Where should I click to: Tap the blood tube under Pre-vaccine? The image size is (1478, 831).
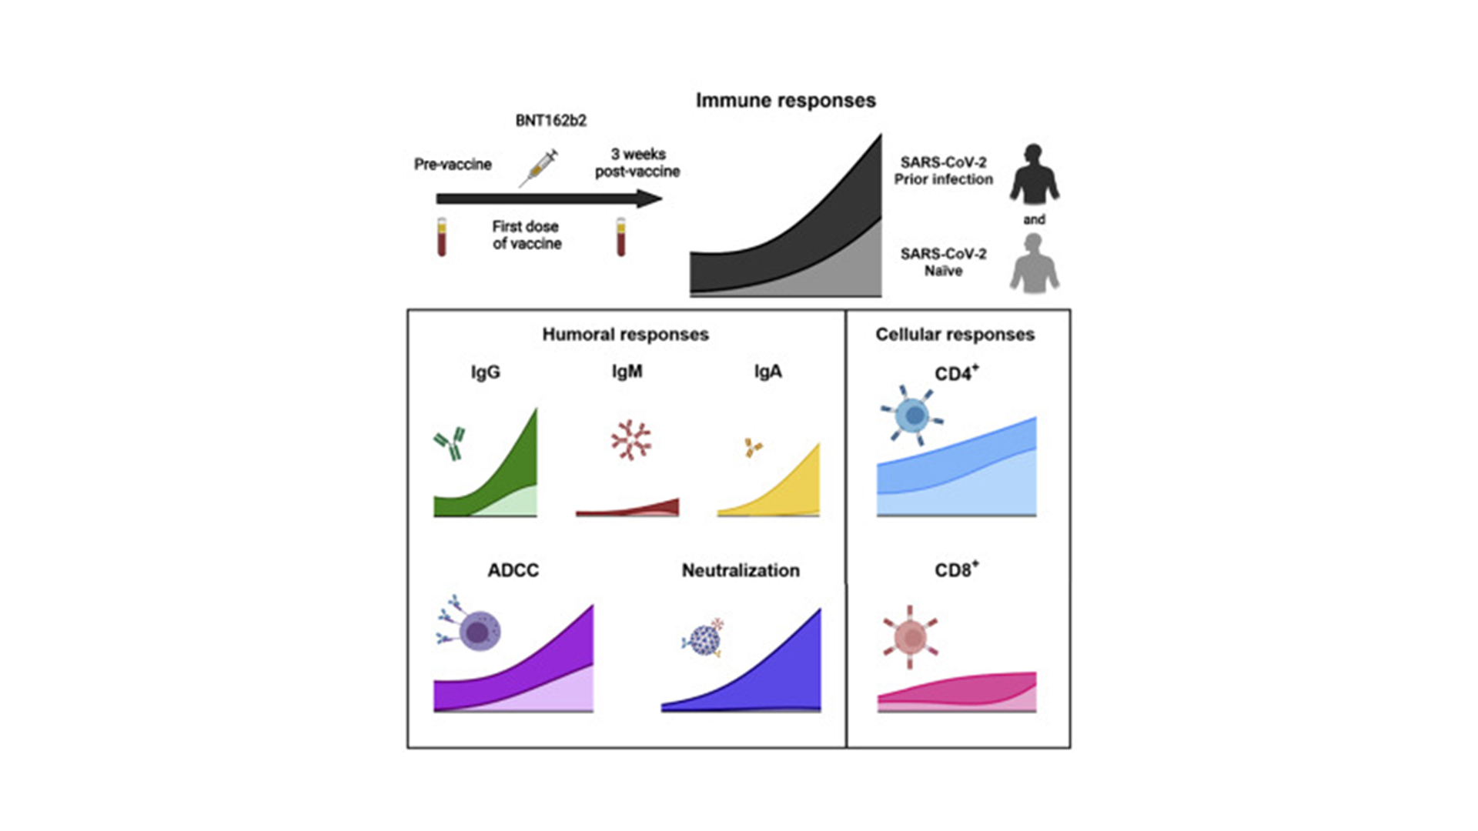[442, 237]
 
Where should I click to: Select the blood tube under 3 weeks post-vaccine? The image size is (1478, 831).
[620, 237]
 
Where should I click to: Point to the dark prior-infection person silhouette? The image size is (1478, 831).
[1035, 174]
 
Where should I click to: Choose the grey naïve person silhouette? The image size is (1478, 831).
[1035, 263]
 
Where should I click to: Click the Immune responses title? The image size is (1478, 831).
[785, 101]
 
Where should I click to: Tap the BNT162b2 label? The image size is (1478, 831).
[551, 121]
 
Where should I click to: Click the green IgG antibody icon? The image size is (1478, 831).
[450, 444]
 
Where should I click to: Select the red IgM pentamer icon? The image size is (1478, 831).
[631, 440]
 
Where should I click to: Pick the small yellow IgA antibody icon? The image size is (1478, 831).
[753, 447]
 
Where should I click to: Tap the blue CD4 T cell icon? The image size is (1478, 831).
[913, 415]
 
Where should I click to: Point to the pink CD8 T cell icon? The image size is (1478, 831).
[911, 636]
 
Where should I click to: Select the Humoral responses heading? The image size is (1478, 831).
[626, 335]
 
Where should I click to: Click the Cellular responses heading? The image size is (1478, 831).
[955, 335]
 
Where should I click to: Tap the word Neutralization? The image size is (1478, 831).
[741, 570]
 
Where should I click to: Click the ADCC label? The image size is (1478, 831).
[513, 570]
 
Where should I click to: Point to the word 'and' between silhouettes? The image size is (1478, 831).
[1035, 220]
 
